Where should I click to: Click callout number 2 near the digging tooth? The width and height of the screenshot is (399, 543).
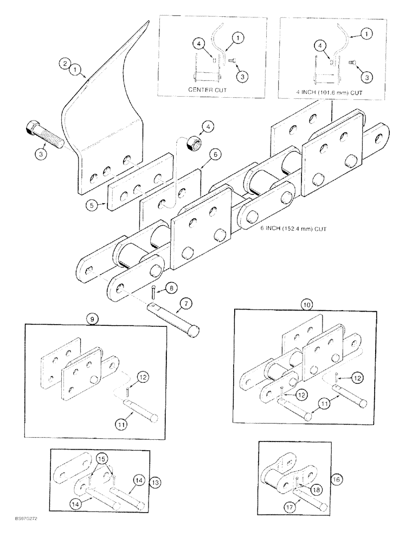65,64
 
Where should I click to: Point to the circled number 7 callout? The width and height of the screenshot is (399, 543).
186,302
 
